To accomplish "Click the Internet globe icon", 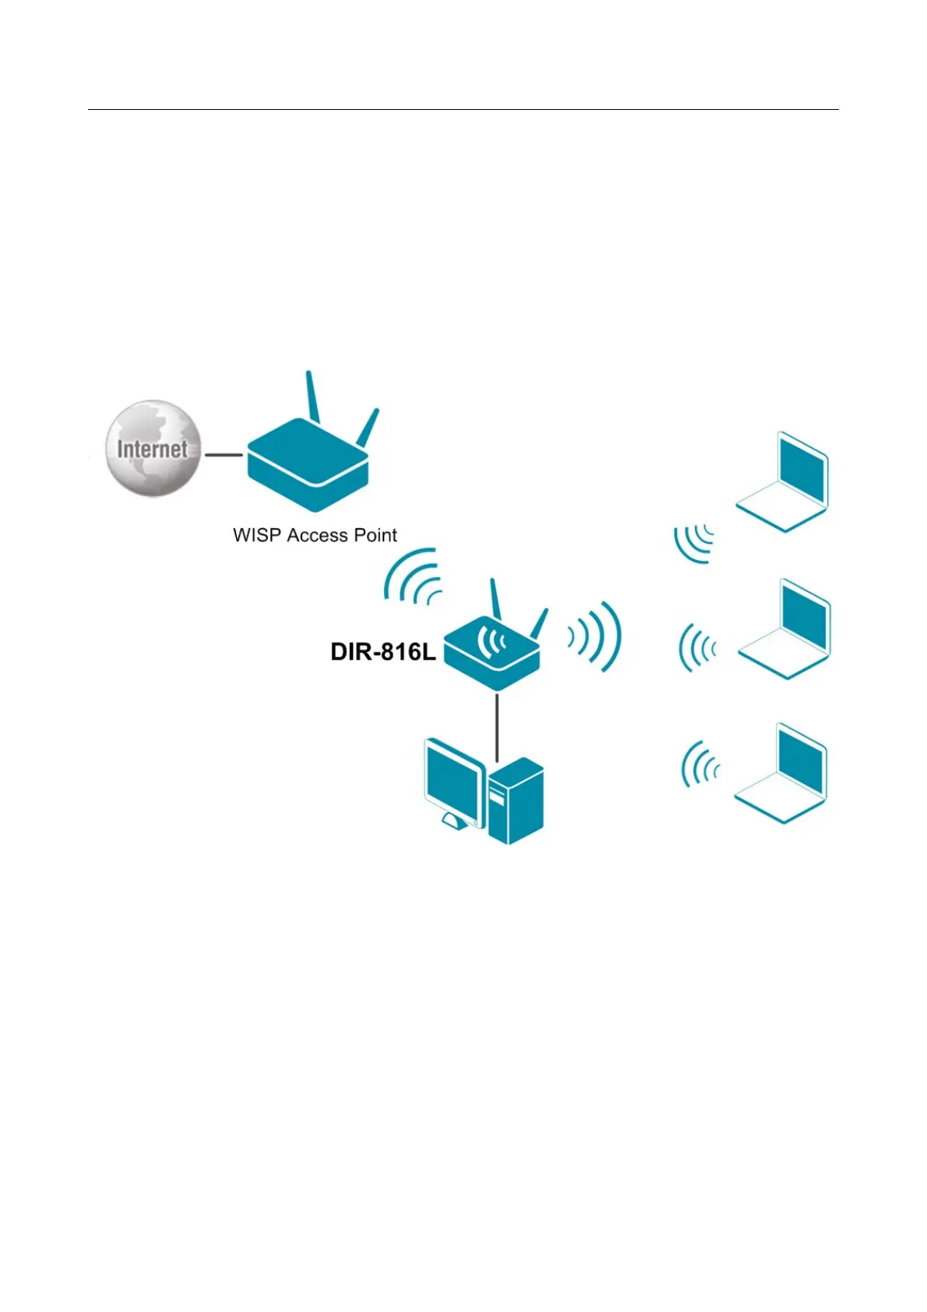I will (x=153, y=449).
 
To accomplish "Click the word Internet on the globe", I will (x=153, y=449).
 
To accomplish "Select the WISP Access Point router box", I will (x=308, y=465).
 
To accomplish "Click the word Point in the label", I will (x=375, y=535).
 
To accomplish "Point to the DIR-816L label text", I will (x=382, y=651).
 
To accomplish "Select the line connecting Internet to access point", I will (x=223, y=455).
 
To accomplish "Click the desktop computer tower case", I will (x=516, y=802).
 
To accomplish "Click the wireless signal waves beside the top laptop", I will (x=694, y=542).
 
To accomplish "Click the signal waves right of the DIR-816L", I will (x=596, y=637).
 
